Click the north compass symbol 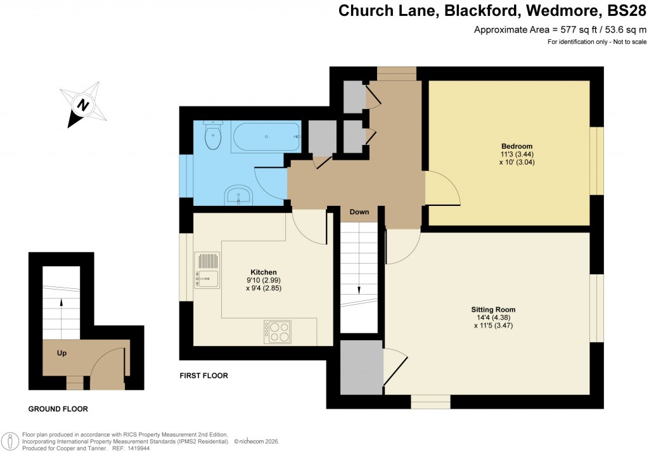82,104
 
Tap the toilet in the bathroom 213,135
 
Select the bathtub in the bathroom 266,136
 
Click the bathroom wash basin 239,196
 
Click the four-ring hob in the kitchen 280,331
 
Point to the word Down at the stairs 359,212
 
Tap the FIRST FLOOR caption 203,376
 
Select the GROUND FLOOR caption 58,409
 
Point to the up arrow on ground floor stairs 61,302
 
